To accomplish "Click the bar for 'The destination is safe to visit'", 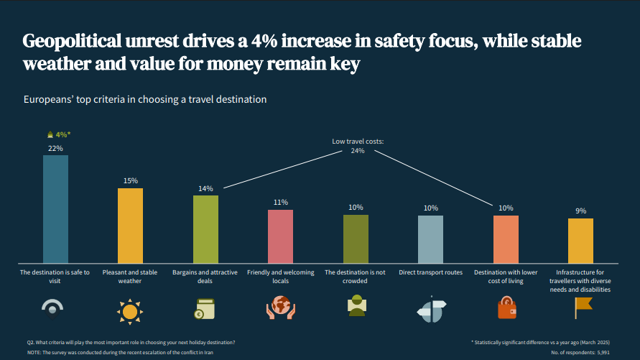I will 55,208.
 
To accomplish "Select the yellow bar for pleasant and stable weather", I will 130,225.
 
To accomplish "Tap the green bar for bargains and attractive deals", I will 205,229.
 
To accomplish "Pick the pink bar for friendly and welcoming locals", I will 280,236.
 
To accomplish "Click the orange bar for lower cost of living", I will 506,239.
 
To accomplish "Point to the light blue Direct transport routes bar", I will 430,239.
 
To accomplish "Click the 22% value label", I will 55,148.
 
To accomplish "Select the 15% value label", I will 130,181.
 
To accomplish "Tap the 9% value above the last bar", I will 580,211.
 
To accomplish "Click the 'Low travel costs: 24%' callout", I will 358,146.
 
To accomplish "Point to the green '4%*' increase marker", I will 59,134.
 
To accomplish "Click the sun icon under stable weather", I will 130,311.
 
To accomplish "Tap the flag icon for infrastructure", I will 581,308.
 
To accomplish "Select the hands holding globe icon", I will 280,308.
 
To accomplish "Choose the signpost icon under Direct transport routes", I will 431,308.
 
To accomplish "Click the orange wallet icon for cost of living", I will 506,308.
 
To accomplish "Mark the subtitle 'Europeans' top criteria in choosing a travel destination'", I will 145,99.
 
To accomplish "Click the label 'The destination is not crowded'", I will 356,277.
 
